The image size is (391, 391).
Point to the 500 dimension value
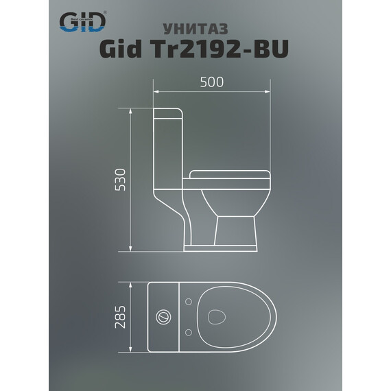(211, 82)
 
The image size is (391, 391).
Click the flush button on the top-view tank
(163, 317)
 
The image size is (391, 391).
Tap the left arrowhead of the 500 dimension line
(154, 91)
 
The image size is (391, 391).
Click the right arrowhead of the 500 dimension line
(269, 91)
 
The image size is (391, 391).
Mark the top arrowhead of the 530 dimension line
(131, 109)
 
